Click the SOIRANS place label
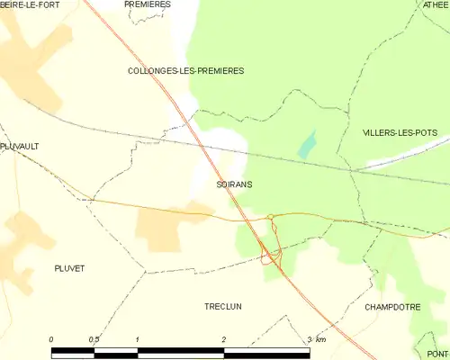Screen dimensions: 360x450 click(234, 184)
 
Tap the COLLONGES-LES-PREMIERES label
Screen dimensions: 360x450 click(186, 70)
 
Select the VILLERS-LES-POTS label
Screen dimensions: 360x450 click(400, 132)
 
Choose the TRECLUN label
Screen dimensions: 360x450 click(222, 306)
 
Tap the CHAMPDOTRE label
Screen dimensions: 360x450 click(393, 306)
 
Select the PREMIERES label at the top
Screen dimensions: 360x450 click(148, 4)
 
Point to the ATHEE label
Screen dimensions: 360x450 click(435, 4)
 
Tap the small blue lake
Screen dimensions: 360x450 click(308, 143)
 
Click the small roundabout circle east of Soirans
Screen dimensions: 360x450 click(270, 216)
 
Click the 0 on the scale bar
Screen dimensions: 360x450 click(51, 339)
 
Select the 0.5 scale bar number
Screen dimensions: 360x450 click(94, 339)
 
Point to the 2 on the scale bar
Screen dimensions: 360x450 click(223, 339)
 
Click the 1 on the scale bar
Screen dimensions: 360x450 click(137, 339)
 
